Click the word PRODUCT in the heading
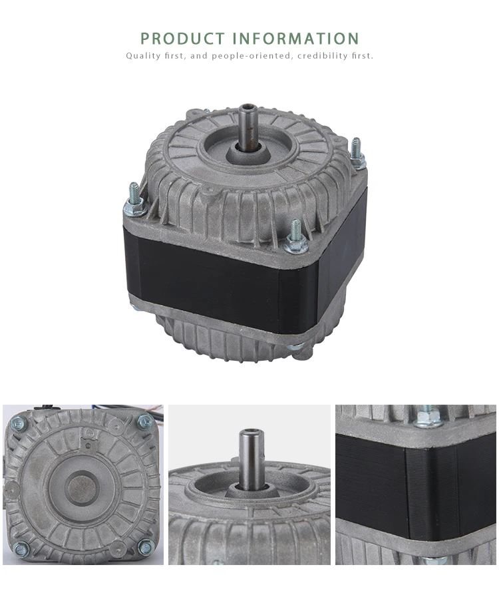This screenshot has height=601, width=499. (183, 39)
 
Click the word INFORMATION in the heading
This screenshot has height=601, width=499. (296, 39)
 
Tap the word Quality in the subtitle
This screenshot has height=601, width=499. (142, 56)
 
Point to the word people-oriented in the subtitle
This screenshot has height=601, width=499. (250, 56)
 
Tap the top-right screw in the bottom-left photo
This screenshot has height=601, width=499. (144, 421)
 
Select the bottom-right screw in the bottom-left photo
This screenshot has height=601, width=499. (146, 547)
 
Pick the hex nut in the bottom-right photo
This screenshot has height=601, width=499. (429, 418)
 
